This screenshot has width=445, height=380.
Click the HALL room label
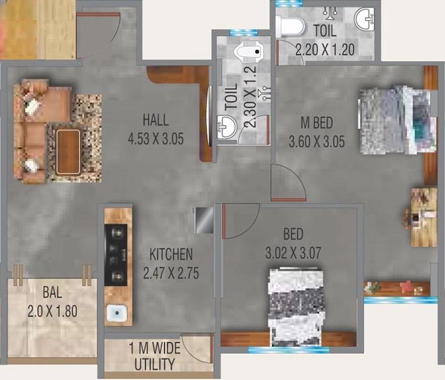[156, 120]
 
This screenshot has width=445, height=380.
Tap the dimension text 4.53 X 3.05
[156, 139]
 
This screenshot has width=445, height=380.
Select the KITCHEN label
[171, 254]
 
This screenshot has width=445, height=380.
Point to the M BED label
[317, 123]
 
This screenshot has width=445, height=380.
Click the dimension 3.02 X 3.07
[293, 253]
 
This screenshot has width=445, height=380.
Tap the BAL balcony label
[52, 292]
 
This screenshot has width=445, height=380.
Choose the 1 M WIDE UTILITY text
[154, 357]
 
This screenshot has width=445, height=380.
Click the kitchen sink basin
[117, 313]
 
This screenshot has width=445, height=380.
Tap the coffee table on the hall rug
[68, 152]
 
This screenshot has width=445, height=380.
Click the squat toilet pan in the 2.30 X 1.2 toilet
[248, 52]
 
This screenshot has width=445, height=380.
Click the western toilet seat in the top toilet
[290, 27]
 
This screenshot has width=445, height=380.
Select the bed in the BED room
[296, 307]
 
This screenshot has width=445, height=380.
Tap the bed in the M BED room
[397, 120]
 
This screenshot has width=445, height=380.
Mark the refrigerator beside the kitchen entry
[204, 220]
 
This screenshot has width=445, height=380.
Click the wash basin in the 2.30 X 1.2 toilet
[226, 127]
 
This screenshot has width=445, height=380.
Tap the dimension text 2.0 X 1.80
[52, 311]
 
